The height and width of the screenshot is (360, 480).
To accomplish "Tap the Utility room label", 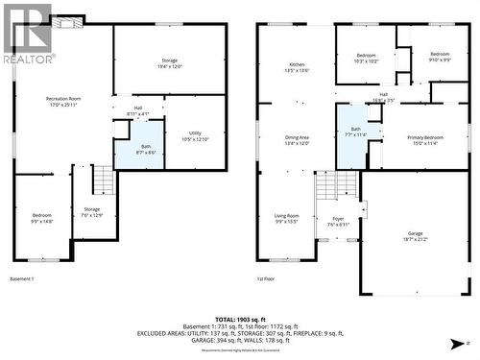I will tap(195, 135).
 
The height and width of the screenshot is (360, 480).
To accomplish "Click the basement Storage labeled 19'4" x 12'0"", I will tap(169, 63).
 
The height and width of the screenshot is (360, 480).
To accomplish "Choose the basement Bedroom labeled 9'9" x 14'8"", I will tap(42, 218).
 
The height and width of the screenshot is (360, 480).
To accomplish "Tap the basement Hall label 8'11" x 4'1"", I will tap(138, 110).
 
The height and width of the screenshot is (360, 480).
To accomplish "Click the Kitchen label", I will tap(296, 67).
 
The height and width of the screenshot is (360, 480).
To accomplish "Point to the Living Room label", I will tap(286, 219).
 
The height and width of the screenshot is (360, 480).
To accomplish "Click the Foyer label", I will tap(338, 222).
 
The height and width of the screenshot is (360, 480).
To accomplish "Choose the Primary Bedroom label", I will tap(425, 140).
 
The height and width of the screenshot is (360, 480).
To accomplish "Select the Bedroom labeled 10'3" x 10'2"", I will tap(365, 57).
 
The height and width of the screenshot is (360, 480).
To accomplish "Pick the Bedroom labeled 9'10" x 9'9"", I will tap(440, 57).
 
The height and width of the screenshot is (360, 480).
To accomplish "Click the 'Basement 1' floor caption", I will tap(21, 278).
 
